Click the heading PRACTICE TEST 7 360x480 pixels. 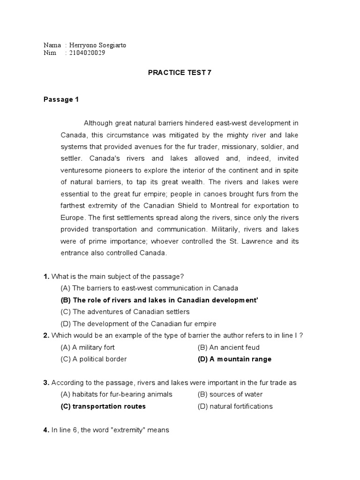tap(176, 74)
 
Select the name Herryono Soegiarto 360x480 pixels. tap(97, 45)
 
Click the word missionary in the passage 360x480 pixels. tap(234, 147)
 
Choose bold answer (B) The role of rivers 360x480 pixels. tap(159, 300)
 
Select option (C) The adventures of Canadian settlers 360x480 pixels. tap(125, 312)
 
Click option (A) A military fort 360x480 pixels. tap(88, 347)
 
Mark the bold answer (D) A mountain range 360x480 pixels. tap(234, 359)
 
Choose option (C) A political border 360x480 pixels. tap(94, 359)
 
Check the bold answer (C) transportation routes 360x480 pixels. tap(103, 406)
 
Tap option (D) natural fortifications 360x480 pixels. tap(235, 406)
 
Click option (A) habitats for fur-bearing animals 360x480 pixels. tap(117, 394)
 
